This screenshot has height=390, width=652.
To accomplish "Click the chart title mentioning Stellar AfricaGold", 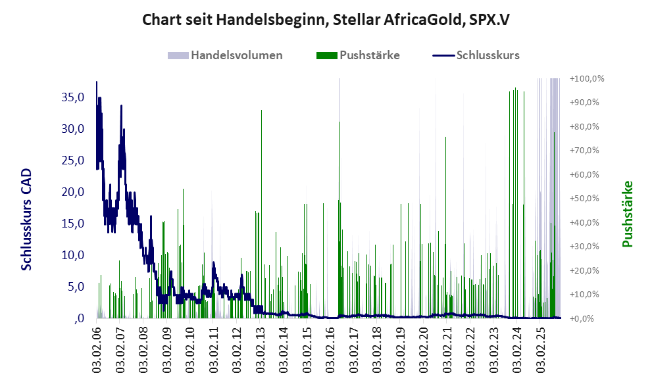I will pyautogui.click(x=326, y=20).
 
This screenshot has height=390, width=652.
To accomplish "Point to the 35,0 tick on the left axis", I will pyautogui.click(x=72, y=97).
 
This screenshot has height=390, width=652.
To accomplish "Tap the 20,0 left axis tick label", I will pyautogui.click(x=72, y=192).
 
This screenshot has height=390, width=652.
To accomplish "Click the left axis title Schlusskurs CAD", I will pyautogui.click(x=27, y=220).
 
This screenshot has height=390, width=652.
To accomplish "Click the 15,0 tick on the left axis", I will pyautogui.click(x=72, y=224).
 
